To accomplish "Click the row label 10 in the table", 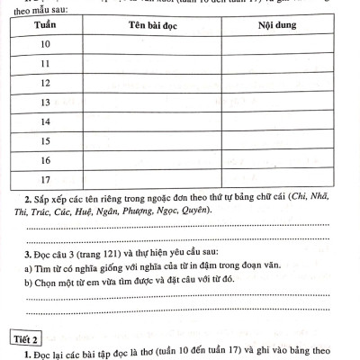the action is tap(45, 44).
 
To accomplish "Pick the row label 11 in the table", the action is tap(45, 64).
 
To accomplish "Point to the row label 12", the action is tap(45, 83).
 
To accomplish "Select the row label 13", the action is tap(45, 102).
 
